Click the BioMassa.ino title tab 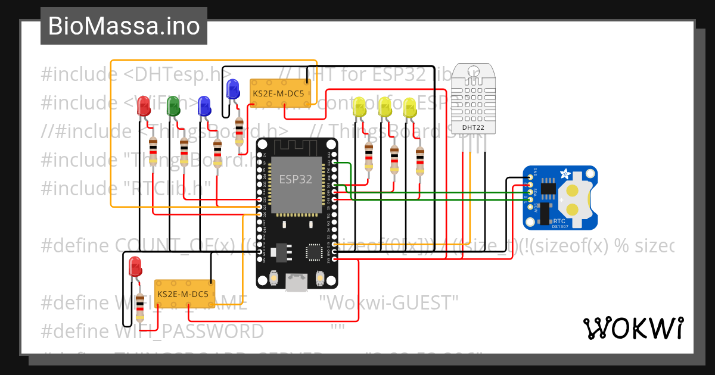(124, 26)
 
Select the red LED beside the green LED (144, 106)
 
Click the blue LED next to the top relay (233, 89)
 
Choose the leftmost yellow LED (359, 107)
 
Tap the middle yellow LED (384, 107)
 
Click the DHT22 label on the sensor (473, 127)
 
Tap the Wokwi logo (633, 328)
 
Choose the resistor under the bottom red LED (140, 306)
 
